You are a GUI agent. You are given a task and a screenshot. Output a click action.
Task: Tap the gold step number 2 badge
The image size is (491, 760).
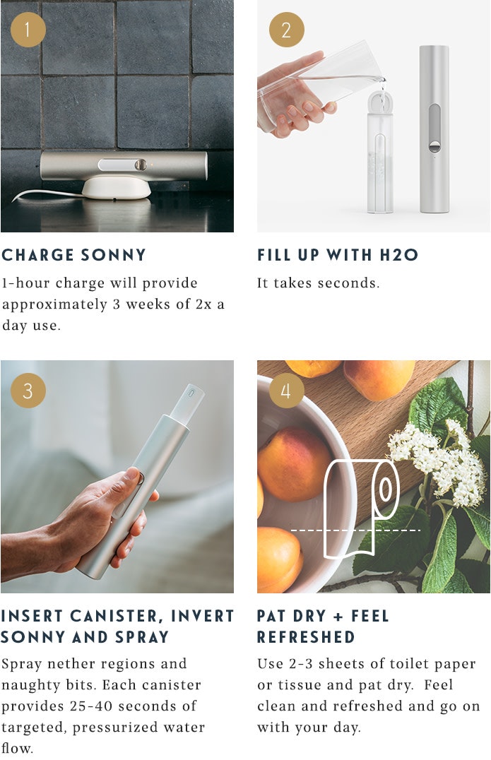click(286, 30)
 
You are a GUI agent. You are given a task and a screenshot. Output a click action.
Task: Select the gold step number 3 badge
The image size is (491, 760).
click(28, 390)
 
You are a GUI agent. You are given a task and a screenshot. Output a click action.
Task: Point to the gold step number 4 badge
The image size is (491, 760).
click(286, 390)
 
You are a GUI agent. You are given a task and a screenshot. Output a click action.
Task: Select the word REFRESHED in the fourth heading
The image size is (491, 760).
click(306, 637)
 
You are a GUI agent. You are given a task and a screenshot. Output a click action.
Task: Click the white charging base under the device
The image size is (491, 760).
click(117, 187)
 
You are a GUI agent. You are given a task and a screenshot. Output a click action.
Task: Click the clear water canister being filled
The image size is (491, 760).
click(380, 151)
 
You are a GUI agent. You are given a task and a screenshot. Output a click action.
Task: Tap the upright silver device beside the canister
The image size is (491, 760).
click(434, 129)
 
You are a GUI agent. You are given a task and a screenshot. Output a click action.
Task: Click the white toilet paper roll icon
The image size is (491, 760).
click(361, 509)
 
